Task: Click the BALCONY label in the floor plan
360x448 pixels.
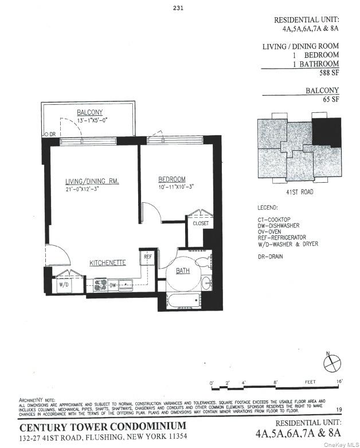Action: (x=89, y=112)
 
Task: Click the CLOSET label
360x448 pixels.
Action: (x=200, y=223)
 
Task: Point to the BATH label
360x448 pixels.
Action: (x=182, y=271)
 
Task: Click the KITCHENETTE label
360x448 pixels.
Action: (x=107, y=262)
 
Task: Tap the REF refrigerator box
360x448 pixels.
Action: (x=148, y=257)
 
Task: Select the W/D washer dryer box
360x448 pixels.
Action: (x=63, y=284)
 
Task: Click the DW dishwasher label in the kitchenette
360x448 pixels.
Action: (x=114, y=284)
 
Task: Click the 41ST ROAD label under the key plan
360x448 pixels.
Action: (x=299, y=192)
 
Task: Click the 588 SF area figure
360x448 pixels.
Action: (x=328, y=73)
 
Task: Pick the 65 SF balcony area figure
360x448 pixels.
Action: (x=331, y=99)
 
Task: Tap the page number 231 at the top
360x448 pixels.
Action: (x=178, y=8)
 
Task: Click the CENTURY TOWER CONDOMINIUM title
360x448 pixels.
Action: (x=103, y=426)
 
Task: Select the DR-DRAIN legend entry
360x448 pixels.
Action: (x=270, y=256)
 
